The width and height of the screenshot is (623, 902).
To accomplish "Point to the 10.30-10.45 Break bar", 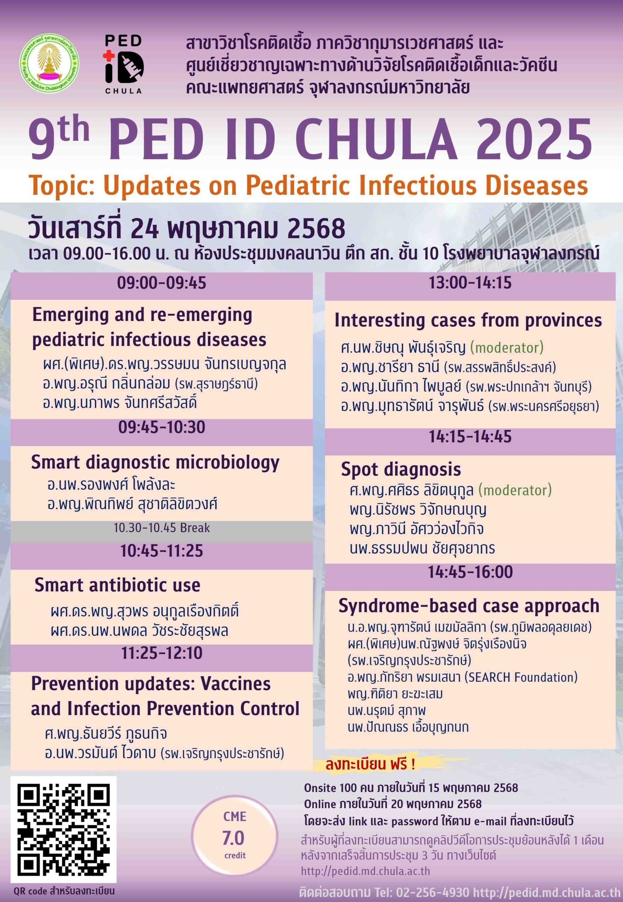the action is pos(162,528).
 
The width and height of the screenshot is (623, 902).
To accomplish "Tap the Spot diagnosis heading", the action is pos(401,470).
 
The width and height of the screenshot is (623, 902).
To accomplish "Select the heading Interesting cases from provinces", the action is pos(468,321).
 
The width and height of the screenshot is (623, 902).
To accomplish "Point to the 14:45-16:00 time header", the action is pos(470,573).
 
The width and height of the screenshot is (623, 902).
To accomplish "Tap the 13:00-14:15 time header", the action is pos(470,283).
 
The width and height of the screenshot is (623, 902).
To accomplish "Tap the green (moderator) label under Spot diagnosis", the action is pos(515,490).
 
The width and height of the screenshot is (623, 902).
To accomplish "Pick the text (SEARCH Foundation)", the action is pos(521,677).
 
